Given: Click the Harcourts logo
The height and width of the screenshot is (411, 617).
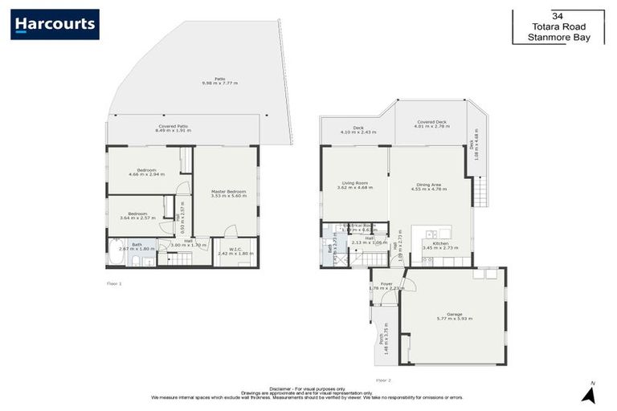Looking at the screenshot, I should (x=55, y=24).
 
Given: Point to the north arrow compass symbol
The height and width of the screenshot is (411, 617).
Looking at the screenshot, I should (x=588, y=393).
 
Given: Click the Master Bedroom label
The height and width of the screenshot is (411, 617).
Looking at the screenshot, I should (x=228, y=191).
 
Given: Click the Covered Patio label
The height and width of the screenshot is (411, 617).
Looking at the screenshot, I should (x=173, y=126).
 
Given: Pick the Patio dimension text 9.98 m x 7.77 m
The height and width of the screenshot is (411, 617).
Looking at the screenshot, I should (x=219, y=83).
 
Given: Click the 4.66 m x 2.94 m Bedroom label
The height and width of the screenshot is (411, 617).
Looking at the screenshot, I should (x=145, y=173).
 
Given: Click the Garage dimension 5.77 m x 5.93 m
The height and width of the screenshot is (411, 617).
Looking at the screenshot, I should (x=454, y=319).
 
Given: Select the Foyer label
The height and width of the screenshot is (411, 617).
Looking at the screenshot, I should (x=386, y=283).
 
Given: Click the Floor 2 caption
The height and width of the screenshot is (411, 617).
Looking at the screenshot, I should (x=383, y=380).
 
